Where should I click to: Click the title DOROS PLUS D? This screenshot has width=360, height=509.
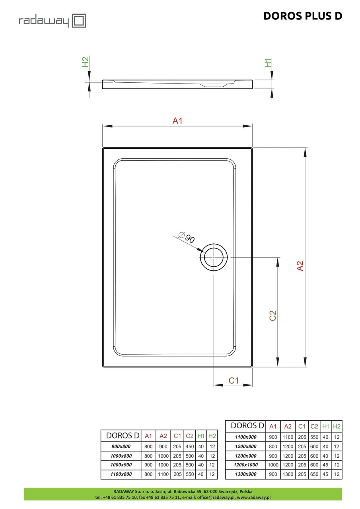coord(302,16)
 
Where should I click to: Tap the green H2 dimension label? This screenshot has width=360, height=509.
coord(85,62)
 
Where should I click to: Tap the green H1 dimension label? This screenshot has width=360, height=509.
coord(269,62)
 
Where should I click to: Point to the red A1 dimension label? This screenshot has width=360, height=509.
coord(177,121)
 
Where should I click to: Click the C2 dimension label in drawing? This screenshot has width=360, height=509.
coord(272,315)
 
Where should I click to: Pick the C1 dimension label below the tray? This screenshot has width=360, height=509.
coord(234,381)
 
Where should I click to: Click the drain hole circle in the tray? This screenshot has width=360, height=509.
coord(214,257)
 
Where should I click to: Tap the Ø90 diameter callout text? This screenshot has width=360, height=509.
coord(187,237)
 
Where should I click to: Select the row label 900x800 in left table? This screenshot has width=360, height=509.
coord(120,446)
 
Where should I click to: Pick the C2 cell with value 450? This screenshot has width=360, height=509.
coord(190,446)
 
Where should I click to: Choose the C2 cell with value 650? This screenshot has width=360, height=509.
coord(314,474)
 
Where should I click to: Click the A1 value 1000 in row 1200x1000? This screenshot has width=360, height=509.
coord(273,465)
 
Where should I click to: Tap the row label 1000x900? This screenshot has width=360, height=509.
coord(120,465)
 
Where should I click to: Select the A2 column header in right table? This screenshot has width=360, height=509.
coord(288,426)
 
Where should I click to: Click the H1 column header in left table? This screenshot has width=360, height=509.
coord(201,435)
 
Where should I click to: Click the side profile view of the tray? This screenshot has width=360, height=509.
coord(177,84)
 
